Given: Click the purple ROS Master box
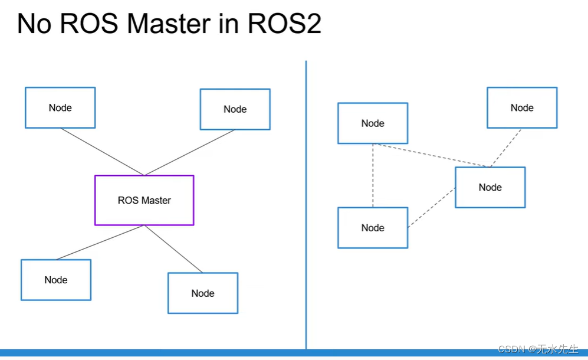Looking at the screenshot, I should (x=144, y=200).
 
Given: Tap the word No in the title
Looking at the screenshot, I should (x=32, y=24).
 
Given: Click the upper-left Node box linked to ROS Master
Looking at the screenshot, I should (x=60, y=107).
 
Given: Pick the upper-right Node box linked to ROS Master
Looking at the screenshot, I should (x=235, y=109).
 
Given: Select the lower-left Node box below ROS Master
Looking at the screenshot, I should (x=56, y=280).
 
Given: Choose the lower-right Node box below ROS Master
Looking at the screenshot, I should (x=203, y=293).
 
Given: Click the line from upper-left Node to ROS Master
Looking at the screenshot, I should (x=102, y=152).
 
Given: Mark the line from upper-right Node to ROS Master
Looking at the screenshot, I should (x=190, y=152).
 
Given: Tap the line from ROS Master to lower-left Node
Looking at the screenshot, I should (x=100, y=243).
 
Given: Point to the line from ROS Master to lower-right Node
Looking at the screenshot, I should (x=173, y=249).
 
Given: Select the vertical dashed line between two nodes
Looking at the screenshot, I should (x=373, y=175).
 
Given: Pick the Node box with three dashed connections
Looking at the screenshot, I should (x=490, y=187).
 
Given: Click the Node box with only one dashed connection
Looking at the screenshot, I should (x=522, y=107).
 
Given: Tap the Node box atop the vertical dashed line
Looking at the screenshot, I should (x=373, y=123).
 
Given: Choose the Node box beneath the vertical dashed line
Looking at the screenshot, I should (x=373, y=228).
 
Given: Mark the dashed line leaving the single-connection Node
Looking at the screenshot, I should (x=506, y=148).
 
